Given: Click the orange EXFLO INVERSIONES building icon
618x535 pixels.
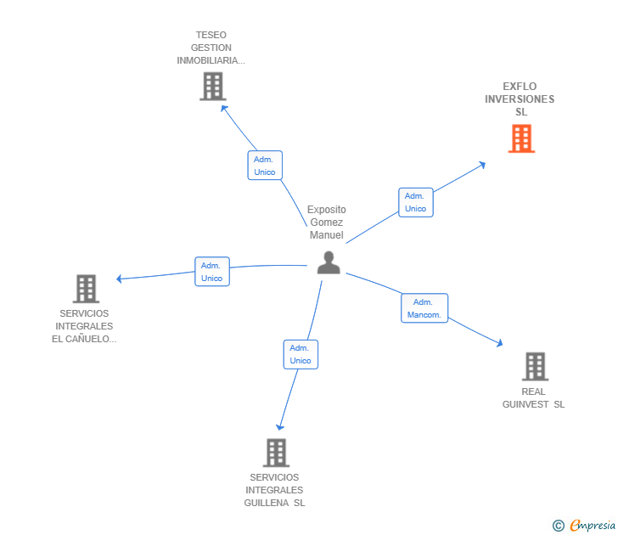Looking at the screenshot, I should [x=521, y=138].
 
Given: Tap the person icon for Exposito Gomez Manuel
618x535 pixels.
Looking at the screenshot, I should [x=329, y=262].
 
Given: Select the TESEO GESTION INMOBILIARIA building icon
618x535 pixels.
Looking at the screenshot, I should [x=212, y=86].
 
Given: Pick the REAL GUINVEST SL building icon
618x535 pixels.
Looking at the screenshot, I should [x=534, y=366].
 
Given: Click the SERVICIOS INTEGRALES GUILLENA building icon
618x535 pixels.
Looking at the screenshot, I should [x=276, y=453].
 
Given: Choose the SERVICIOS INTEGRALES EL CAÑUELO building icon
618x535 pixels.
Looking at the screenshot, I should [x=86, y=289].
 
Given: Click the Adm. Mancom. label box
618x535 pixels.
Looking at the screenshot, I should [x=424, y=308].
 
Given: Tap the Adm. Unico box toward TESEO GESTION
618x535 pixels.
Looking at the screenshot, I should [x=265, y=166].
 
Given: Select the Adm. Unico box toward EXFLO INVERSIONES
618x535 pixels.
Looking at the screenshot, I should [x=415, y=202].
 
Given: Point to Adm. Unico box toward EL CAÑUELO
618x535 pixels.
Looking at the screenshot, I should [x=212, y=272].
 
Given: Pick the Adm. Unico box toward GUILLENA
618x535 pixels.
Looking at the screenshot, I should [x=301, y=354].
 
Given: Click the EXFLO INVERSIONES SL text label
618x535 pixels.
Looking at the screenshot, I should [x=520, y=99].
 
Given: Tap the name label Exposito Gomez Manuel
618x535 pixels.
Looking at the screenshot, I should [x=327, y=222].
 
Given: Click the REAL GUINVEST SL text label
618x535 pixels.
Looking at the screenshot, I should [x=533, y=397].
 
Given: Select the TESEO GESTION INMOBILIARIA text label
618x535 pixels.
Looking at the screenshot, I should [x=211, y=48].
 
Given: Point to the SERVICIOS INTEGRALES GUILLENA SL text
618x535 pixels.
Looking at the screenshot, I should [x=274, y=490].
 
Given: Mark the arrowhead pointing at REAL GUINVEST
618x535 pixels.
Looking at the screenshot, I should [x=499, y=343].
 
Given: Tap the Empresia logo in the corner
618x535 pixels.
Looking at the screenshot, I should [x=592, y=526].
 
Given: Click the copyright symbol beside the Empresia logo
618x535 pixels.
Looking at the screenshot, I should [x=559, y=526].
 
